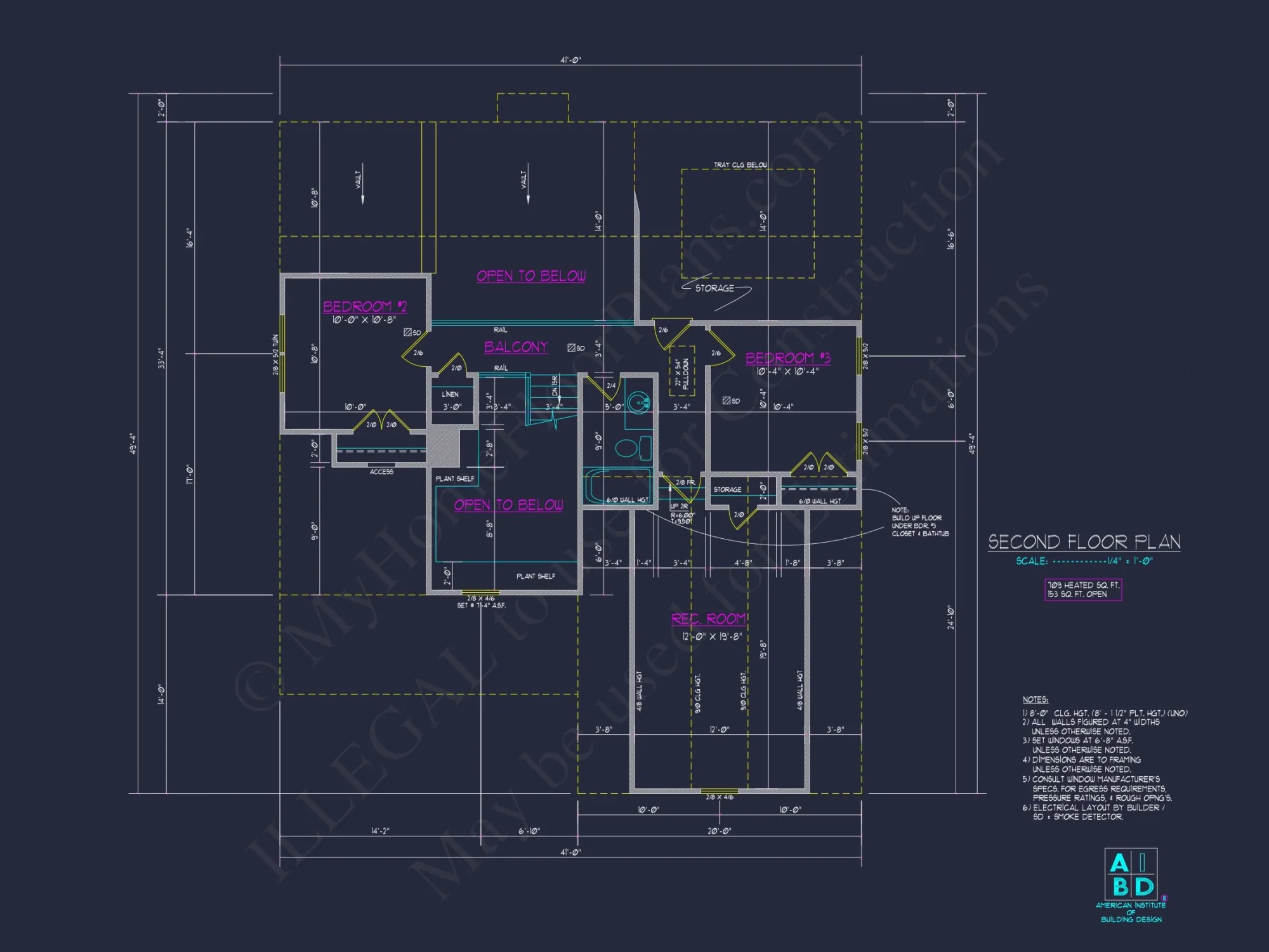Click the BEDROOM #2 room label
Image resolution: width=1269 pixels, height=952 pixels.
click(365, 307)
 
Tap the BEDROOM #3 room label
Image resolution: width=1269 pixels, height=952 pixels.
click(787, 358)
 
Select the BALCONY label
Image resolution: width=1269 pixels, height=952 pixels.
click(516, 347)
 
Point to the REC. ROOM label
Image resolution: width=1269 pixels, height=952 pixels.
click(709, 619)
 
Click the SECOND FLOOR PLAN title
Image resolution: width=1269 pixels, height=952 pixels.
click(1084, 541)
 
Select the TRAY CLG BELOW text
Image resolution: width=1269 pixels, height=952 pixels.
click(740, 165)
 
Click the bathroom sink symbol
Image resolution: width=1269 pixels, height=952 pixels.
click(638, 402)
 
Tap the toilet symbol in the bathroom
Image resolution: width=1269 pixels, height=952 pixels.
click(628, 447)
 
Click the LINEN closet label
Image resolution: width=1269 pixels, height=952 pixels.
click(450, 394)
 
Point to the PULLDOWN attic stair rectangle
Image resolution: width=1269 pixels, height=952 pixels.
click(682, 371)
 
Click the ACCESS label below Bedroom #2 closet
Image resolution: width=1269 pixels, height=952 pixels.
click(381, 472)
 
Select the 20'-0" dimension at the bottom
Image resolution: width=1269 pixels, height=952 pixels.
click(720, 831)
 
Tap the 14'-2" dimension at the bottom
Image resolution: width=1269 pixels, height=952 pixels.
click(380, 831)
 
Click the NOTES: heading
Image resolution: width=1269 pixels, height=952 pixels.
click(1035, 699)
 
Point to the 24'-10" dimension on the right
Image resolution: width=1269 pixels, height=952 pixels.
click(950, 618)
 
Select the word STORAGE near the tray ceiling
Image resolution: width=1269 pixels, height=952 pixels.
click(714, 288)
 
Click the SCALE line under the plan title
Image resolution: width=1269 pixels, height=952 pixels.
click(1084, 561)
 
